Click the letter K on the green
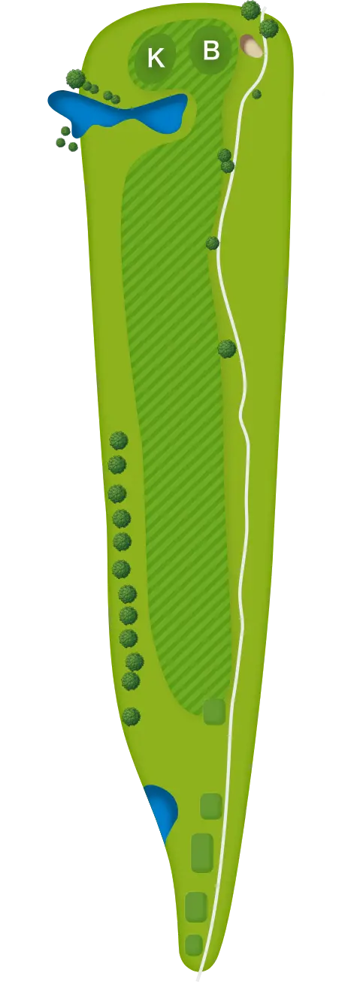pyautogui.click(x=156, y=58)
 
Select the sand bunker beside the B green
pyautogui.click(x=252, y=46)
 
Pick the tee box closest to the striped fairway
pyautogui.click(x=214, y=711)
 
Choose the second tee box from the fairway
pyautogui.click(x=211, y=806)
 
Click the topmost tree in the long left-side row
pyautogui.click(x=118, y=440)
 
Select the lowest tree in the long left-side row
pyautogui.click(x=131, y=717)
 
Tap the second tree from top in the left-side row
pyautogui.click(x=117, y=464)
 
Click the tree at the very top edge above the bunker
pyautogui.click(x=250, y=10)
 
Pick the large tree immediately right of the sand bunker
pyautogui.click(x=269, y=29)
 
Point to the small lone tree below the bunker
pyautogui.click(x=256, y=94)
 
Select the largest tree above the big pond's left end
pyautogui.click(x=75, y=79)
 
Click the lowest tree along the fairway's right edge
pyautogui.click(x=227, y=349)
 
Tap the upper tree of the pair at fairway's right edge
pyautogui.click(x=224, y=155)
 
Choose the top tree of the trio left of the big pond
pyautogui.click(x=65, y=131)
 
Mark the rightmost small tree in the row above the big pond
pyautogui.click(x=116, y=99)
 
